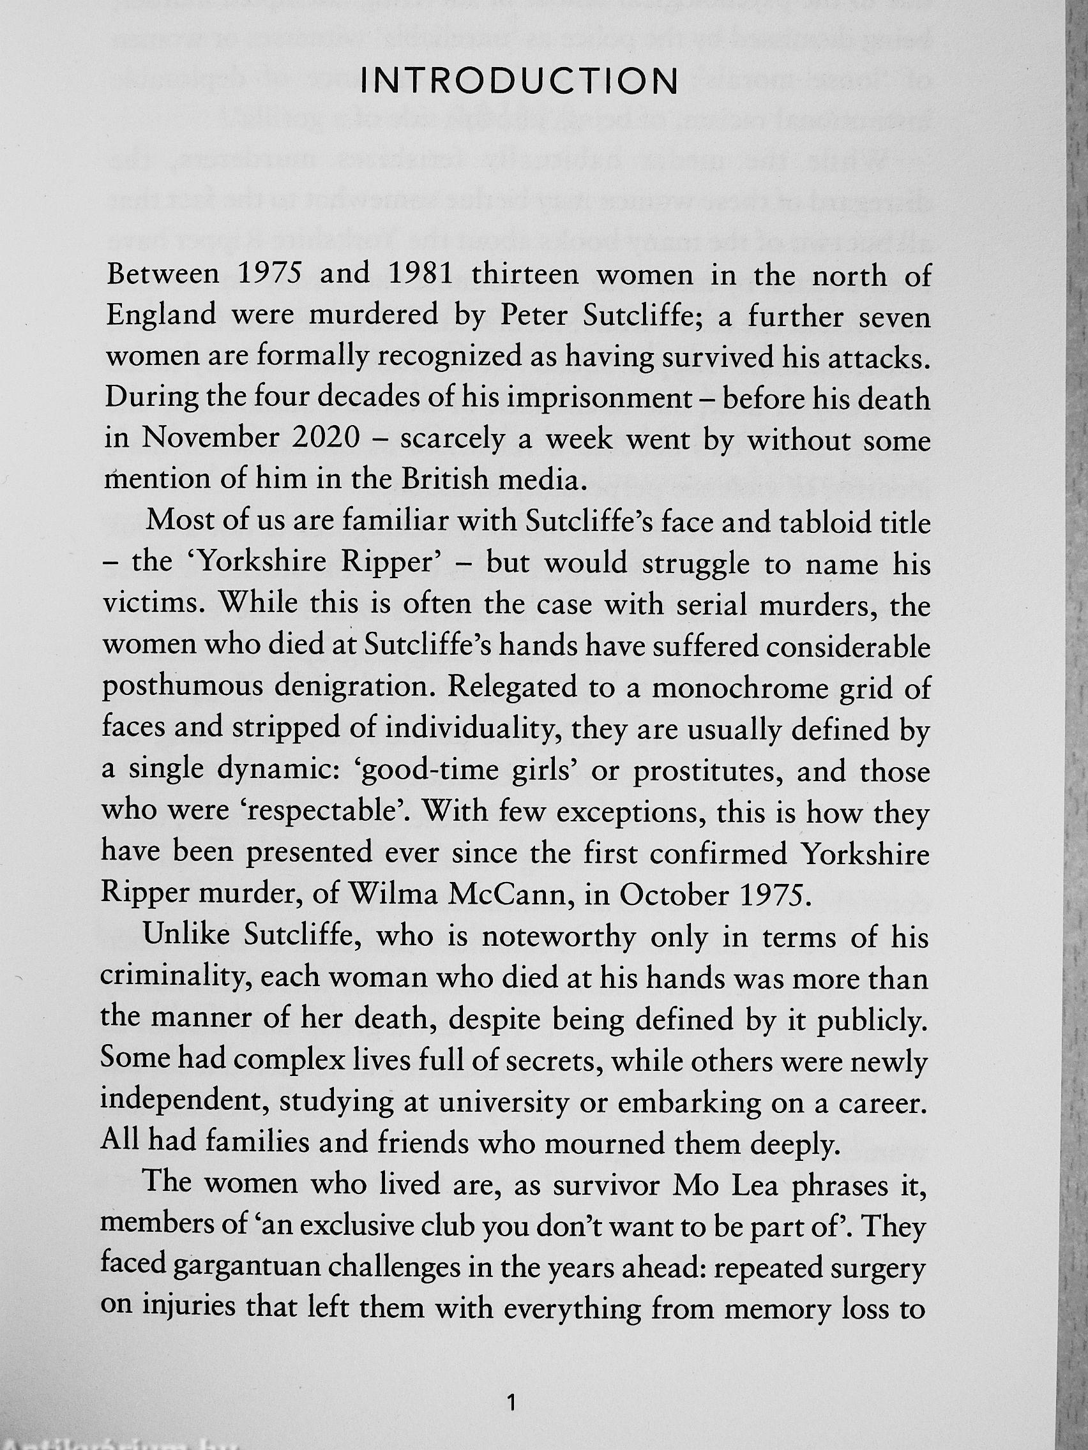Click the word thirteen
point(525,274)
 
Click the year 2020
point(324,438)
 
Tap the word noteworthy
point(558,938)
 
